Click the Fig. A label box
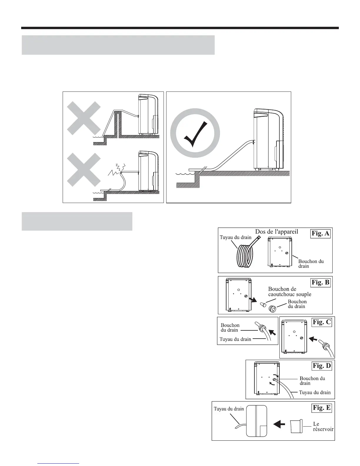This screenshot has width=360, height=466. [x=320, y=234]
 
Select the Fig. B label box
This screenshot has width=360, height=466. [x=321, y=282]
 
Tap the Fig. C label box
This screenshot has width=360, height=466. [x=322, y=322]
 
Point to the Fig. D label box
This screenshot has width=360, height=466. [x=321, y=366]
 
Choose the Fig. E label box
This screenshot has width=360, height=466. [x=321, y=408]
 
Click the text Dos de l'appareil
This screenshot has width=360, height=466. [x=276, y=232]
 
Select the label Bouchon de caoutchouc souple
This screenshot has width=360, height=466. [x=289, y=292]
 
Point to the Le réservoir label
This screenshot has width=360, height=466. [x=323, y=427]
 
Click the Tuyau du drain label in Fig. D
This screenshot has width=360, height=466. [x=315, y=392]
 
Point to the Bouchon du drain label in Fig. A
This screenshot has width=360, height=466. [x=311, y=264]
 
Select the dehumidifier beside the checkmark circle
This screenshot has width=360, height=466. [x=269, y=140]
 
